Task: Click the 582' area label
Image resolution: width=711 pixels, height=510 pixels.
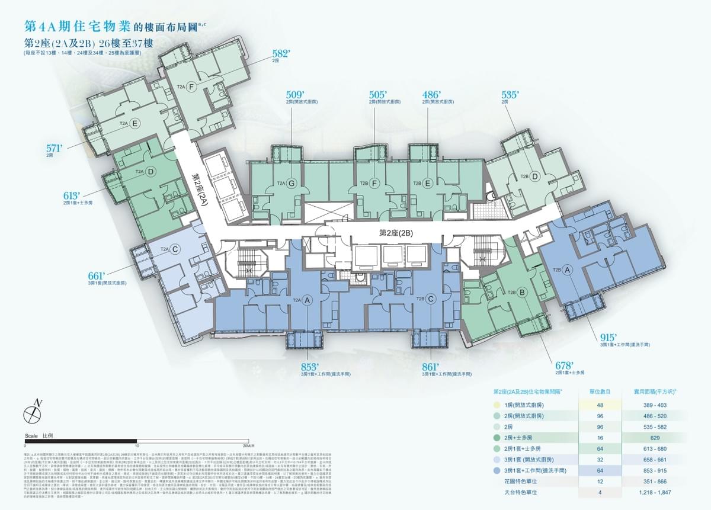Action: coord(281,53)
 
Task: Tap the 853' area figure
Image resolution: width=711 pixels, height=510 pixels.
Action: coord(310,366)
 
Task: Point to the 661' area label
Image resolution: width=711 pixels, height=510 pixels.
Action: coord(97,275)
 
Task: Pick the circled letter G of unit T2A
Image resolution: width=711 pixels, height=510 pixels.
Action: coord(291,184)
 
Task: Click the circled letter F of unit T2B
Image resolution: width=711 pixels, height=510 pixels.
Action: coord(374,184)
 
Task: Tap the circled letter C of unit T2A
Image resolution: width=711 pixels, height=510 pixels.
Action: coord(175,249)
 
